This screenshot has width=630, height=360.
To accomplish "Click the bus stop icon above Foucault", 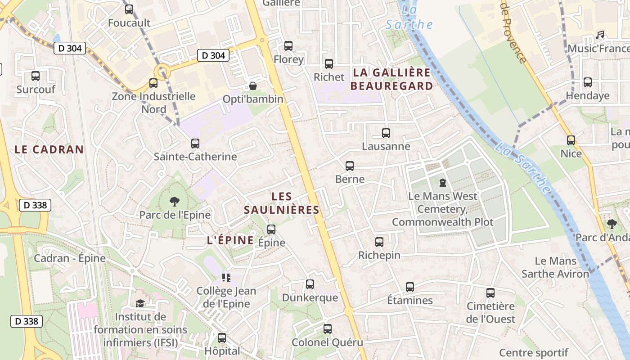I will [129, 9].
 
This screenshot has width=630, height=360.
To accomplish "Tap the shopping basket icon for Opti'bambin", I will [253, 85].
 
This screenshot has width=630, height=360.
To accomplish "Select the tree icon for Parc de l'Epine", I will [174, 202].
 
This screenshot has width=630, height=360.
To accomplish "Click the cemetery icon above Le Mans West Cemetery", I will [443, 183].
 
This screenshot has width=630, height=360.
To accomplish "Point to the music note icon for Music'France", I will [600, 35].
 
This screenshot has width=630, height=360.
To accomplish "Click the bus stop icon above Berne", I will [350, 166].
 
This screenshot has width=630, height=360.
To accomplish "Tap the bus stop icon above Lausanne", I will [386, 133].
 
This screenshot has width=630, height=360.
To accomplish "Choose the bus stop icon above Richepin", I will [379, 242].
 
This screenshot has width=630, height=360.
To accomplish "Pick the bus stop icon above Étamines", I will [410, 287].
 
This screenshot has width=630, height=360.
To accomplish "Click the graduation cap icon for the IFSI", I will [140, 303].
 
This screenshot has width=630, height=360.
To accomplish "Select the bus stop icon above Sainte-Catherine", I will [195, 144].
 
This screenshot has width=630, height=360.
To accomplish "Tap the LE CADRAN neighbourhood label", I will [49, 150].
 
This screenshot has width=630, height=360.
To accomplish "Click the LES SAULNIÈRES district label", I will [282, 203].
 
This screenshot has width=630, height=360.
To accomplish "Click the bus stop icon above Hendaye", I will [588, 82].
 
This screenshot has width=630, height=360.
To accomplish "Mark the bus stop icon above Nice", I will [571, 140].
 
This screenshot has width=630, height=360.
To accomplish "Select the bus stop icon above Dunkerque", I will [310, 284].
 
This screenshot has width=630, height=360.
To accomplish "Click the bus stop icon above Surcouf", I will [36, 76].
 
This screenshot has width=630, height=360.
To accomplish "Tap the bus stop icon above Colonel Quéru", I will [328, 329].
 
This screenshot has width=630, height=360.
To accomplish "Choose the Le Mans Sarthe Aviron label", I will [555, 267].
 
